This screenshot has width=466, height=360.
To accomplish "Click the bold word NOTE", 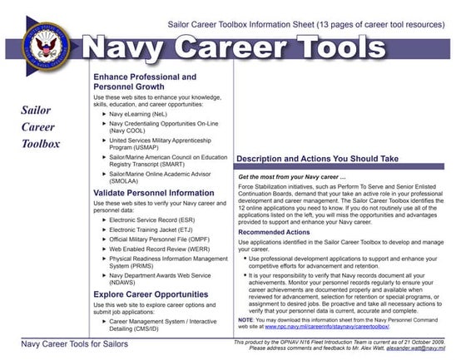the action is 245,319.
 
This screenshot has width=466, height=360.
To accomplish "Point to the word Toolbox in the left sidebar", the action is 42,143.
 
